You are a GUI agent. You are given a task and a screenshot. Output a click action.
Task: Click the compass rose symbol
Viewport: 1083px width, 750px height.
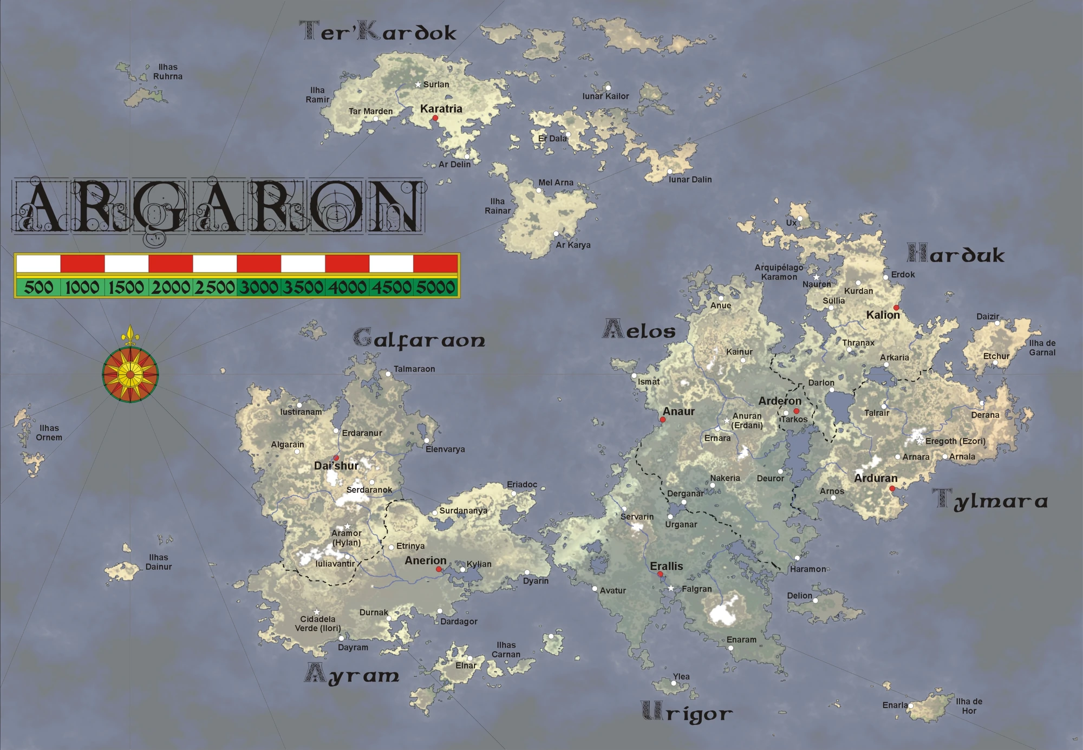coord(131,374)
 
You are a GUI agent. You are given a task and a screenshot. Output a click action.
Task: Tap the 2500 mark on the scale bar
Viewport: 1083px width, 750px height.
coord(215,287)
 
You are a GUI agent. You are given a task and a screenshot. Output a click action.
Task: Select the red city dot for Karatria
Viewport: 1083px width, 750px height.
coord(435,118)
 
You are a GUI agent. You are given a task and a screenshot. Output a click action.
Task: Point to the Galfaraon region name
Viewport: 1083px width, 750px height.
coord(420,339)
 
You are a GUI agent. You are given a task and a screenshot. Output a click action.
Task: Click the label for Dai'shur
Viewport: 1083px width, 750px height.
coord(336,466)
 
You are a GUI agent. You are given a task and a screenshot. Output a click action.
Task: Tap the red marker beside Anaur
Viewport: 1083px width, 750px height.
coord(662,420)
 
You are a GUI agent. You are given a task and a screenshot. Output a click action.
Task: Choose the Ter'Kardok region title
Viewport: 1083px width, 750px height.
coord(378,32)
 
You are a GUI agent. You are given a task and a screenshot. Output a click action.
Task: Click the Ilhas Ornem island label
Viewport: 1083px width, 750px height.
coord(49,433)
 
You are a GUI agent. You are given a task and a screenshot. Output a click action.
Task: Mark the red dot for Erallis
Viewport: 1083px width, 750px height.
coord(660,575)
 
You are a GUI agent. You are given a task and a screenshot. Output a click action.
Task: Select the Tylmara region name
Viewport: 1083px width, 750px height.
coord(990,500)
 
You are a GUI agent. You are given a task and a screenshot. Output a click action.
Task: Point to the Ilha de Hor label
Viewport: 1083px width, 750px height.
coord(969,706)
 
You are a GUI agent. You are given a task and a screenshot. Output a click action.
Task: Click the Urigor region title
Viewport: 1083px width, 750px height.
coord(687,713)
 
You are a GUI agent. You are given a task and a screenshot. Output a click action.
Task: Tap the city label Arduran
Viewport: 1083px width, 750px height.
coord(876,478)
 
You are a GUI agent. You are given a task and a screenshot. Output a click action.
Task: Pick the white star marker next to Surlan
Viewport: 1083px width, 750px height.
coord(418,84)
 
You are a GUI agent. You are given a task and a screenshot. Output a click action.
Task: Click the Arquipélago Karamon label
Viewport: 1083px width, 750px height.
coord(779,272)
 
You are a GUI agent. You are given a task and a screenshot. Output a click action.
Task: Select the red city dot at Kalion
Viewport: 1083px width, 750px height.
coord(896,308)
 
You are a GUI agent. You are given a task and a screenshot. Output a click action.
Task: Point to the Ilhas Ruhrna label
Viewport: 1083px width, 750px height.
coord(168,71)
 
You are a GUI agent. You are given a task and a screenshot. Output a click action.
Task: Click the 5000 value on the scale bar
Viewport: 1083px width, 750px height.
coord(435,287)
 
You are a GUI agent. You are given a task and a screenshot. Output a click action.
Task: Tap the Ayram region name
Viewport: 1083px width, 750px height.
coord(353,675)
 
